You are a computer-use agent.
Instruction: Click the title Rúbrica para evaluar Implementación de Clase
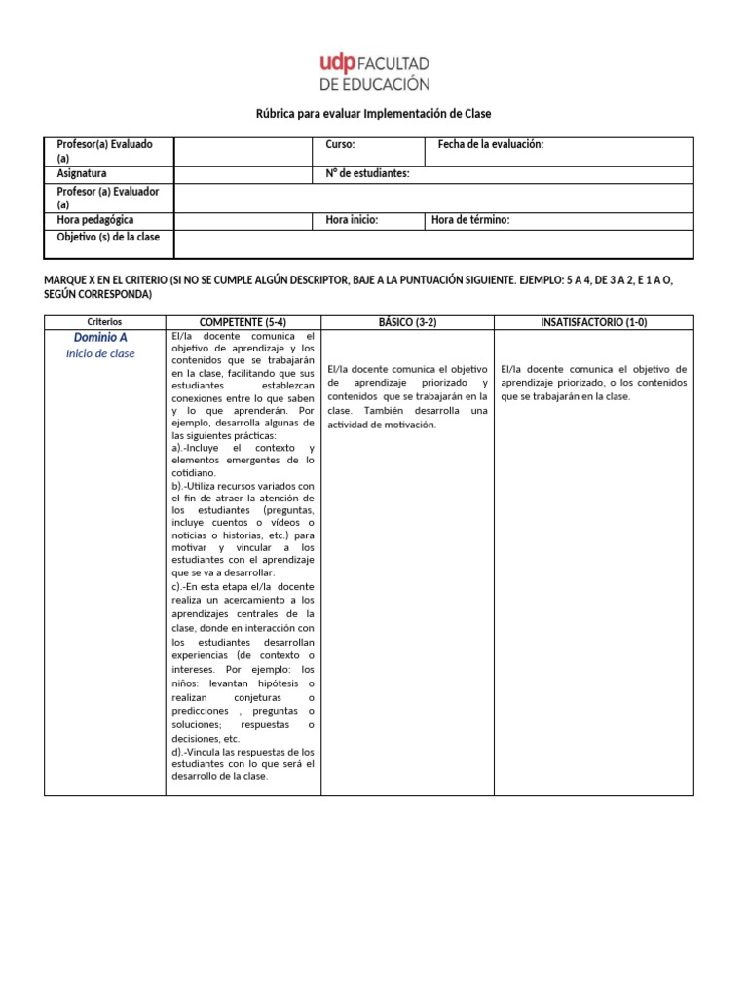click(373, 114)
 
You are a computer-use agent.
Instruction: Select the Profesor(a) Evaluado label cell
click(105, 151)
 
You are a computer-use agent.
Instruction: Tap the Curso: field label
click(340, 144)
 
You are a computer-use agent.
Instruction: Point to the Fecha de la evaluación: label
click(490, 144)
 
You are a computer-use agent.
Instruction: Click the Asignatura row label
click(82, 173)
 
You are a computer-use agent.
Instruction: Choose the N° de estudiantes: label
click(367, 173)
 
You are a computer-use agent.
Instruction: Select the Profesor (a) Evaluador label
click(107, 198)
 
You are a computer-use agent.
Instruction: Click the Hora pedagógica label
click(95, 220)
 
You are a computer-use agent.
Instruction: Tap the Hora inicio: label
click(352, 220)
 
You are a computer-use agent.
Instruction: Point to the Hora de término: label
click(470, 220)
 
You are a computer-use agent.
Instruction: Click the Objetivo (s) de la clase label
click(108, 237)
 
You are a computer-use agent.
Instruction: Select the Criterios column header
click(104, 321)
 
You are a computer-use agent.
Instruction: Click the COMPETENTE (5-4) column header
click(243, 321)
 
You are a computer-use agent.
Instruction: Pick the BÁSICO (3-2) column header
click(407, 321)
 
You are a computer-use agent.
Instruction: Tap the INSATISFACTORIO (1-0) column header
click(593, 321)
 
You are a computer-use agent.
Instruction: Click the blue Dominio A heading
click(100, 337)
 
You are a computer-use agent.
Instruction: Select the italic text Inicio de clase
click(100, 353)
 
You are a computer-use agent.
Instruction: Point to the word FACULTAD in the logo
click(393, 63)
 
